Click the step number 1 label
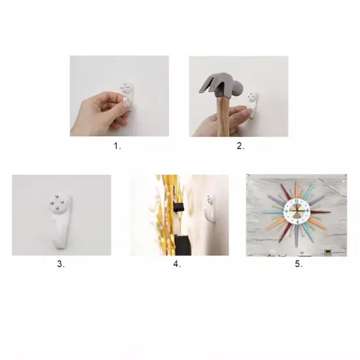pos(117,146)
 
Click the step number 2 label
pos(240,146)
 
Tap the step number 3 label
pos(61,264)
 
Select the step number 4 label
pos(177,264)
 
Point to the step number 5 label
pos(298,264)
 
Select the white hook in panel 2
pos(252,105)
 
